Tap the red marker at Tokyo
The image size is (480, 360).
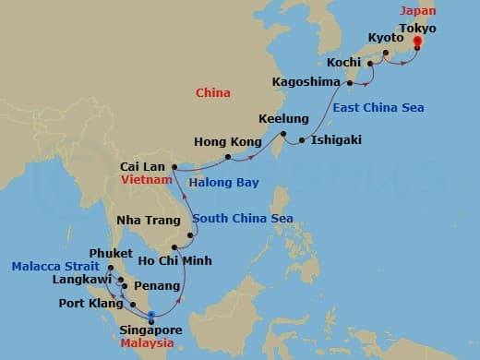point(417,41)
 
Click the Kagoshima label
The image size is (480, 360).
point(308,82)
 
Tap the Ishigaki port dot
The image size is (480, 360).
point(301,141)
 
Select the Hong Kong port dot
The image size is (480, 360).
point(227,157)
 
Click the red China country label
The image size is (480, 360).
point(212,93)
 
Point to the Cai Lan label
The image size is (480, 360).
point(142,167)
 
